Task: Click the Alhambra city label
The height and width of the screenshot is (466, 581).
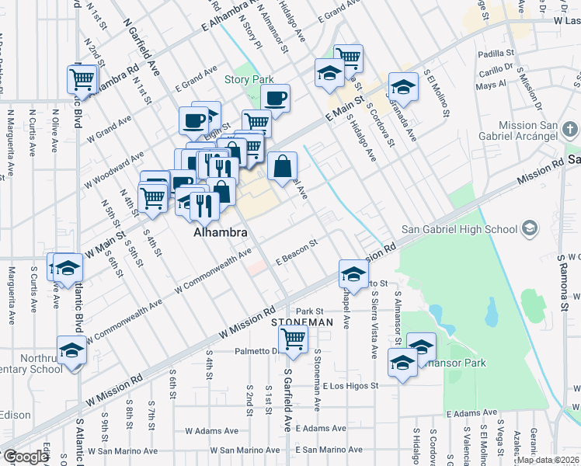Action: [x=221, y=232]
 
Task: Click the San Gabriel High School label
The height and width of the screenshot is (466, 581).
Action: [x=459, y=229]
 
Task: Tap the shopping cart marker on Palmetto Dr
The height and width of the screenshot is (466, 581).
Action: [x=293, y=339]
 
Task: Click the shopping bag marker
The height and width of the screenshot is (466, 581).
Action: [x=282, y=165]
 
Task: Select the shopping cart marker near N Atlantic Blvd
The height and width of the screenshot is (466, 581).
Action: [x=82, y=78]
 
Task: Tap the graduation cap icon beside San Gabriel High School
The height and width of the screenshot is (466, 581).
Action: [x=530, y=228]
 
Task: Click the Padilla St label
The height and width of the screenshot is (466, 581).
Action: [x=492, y=55]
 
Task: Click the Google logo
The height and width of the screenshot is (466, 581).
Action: [x=25, y=457]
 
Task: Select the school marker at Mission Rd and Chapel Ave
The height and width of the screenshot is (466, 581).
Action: [x=353, y=274]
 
